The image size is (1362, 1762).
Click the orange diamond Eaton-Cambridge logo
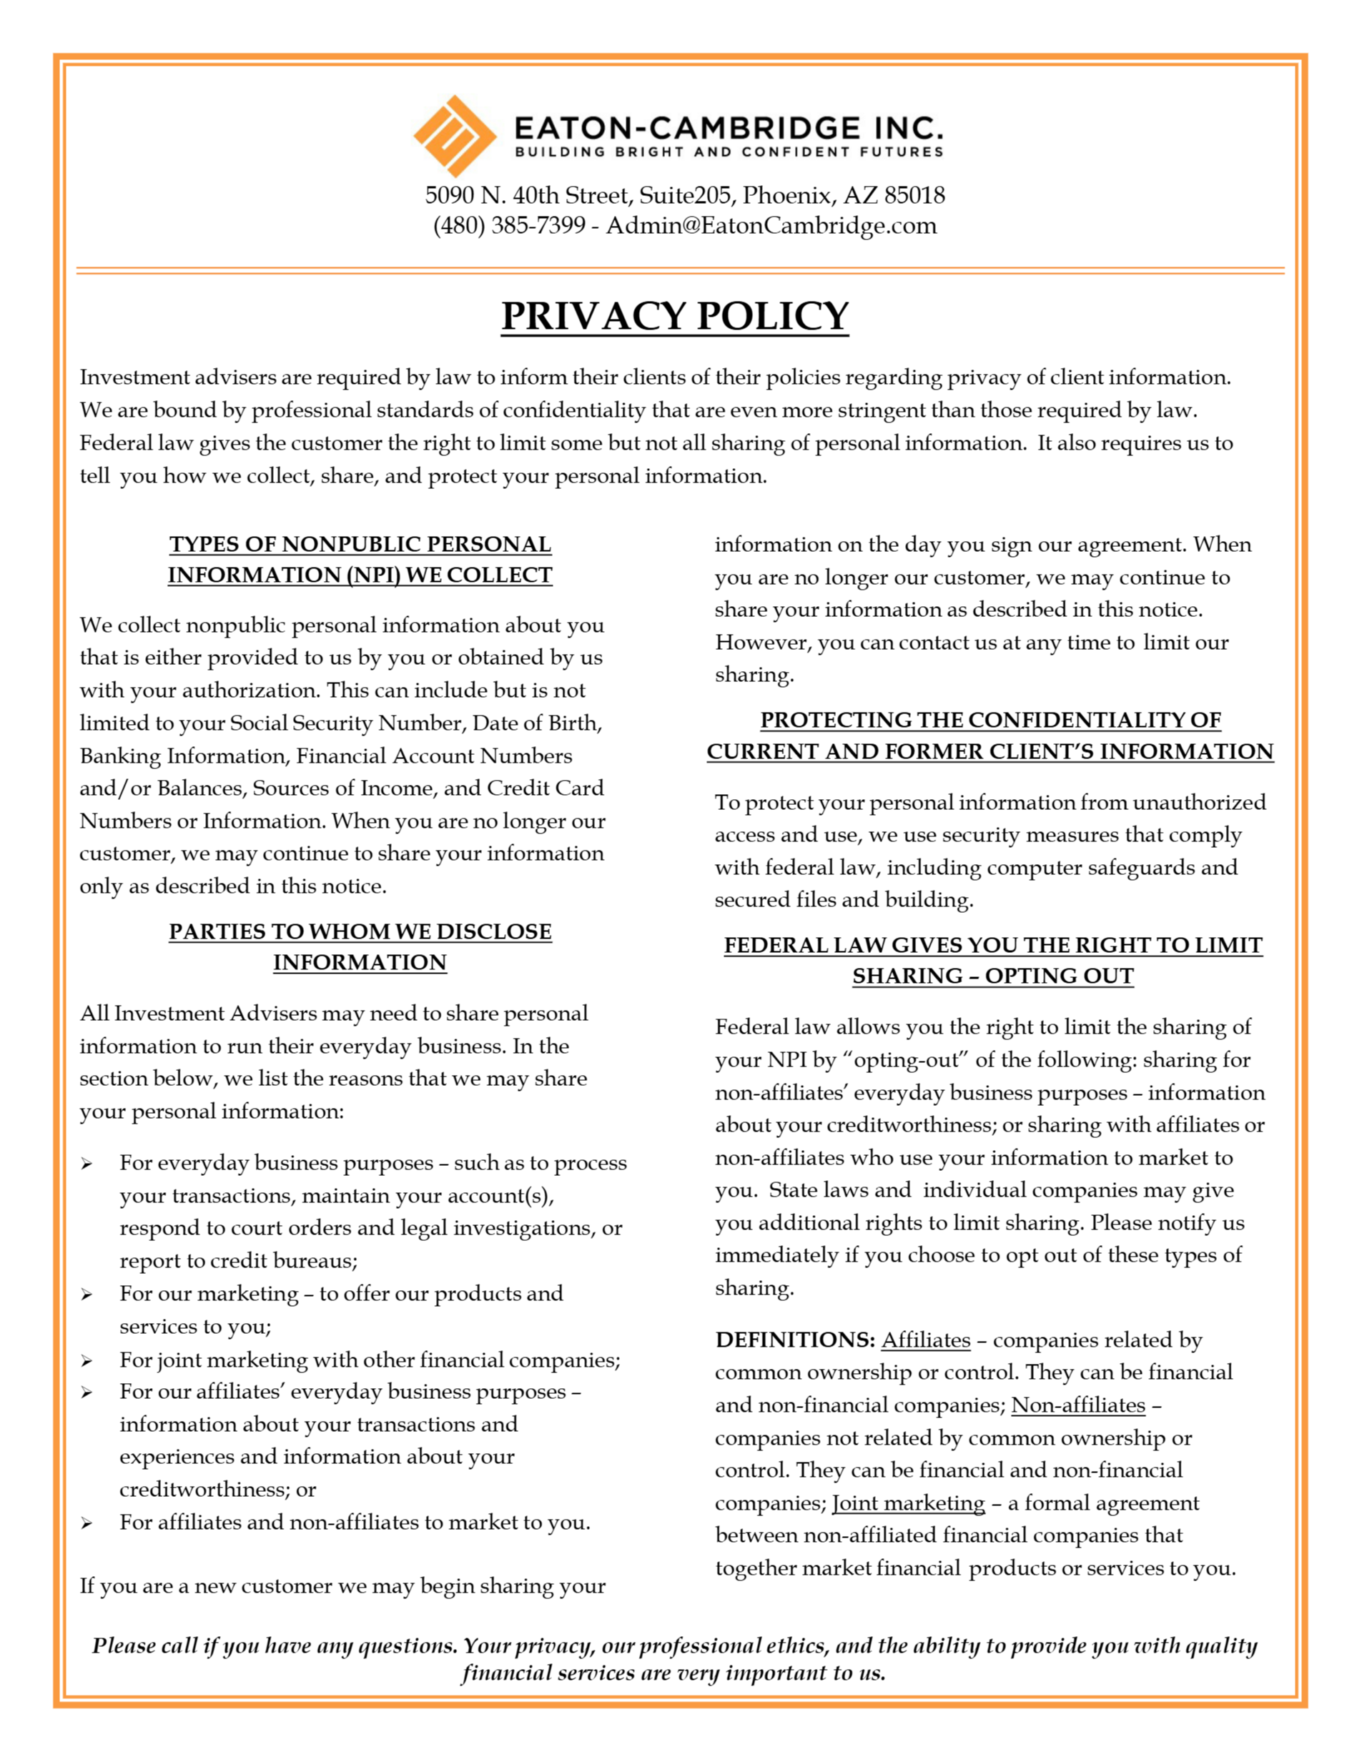[454, 136]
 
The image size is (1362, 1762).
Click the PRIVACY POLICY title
[674, 315]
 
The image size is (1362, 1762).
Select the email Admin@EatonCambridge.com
[771, 225]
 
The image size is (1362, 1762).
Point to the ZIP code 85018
[914, 195]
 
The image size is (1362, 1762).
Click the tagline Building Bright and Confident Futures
[729, 152]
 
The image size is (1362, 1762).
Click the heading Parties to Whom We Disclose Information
[360, 946]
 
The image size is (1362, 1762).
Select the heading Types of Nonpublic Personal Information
[360, 559]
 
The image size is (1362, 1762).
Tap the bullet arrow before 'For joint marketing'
[87, 1362]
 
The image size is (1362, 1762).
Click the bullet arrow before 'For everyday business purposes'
[87, 1164]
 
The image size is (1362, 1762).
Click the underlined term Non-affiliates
[1077, 1405]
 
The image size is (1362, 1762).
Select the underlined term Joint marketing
[908, 1503]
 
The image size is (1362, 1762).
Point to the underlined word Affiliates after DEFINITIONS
[925, 1340]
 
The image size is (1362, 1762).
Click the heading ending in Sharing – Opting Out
[992, 976]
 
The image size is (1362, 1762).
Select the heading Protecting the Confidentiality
[990, 720]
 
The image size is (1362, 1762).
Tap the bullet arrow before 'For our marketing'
[87, 1295]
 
